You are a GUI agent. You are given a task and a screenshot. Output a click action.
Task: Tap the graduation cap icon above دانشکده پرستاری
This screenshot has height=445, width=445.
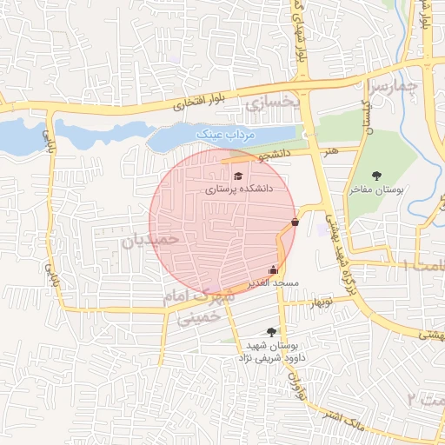[x=238, y=176]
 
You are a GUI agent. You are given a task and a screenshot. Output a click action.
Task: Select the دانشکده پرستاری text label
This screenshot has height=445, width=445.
[x=239, y=188]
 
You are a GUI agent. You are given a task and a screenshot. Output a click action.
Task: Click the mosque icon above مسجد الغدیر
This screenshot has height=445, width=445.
[x=275, y=269]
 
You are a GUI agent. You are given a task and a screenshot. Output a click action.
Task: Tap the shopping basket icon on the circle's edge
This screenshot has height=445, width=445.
[x=296, y=222]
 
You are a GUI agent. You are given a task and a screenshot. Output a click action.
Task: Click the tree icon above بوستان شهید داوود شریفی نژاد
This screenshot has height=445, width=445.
[x=272, y=331]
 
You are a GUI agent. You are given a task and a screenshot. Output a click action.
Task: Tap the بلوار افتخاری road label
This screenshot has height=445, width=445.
[x=198, y=103]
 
